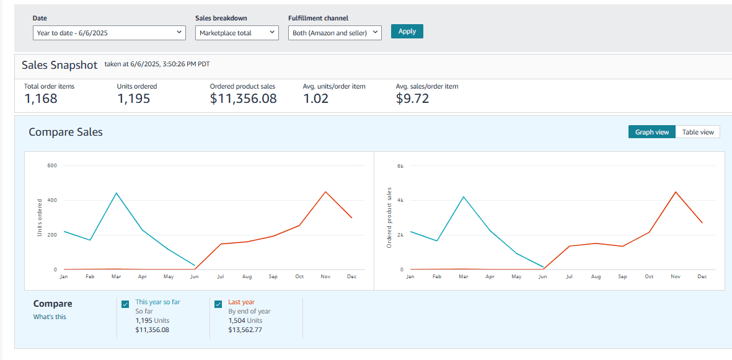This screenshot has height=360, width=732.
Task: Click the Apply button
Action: [407, 31]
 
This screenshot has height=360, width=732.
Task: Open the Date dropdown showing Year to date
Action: [109, 33]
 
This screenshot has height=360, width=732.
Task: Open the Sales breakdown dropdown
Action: [237, 33]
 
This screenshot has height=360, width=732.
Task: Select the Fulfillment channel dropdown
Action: [335, 33]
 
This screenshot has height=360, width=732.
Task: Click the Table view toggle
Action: [698, 132]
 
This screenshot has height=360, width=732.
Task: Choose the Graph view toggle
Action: [651, 132]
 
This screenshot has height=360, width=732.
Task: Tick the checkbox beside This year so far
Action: [125, 304]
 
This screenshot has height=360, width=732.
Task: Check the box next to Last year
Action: [218, 304]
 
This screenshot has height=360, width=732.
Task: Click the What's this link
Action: [50, 317]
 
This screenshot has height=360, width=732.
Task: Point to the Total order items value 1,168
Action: [41, 99]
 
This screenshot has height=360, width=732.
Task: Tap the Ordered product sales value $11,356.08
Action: [243, 99]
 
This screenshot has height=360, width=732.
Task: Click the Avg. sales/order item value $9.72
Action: [412, 99]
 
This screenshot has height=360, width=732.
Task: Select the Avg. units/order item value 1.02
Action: [316, 99]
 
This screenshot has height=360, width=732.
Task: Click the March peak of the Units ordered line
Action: [117, 193]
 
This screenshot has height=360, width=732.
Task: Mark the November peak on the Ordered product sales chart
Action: [676, 191]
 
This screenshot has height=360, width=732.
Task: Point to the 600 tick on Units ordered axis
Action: [52, 165]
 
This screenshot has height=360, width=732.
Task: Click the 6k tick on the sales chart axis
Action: [400, 165]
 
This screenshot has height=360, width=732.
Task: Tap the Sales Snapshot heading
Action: [60, 65]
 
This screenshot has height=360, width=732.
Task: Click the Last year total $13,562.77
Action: [245, 330]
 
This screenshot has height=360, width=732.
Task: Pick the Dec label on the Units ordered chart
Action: [352, 277]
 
